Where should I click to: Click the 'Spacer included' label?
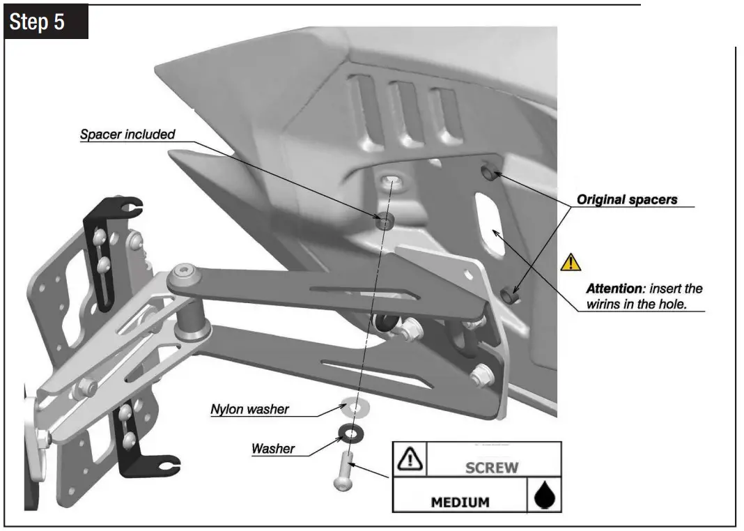(x=127, y=134)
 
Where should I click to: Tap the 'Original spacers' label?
(x=626, y=199)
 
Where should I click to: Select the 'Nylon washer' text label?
(x=249, y=409)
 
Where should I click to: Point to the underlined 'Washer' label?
(x=272, y=448)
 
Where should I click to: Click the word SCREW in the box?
(x=491, y=467)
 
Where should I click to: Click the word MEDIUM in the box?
(x=459, y=502)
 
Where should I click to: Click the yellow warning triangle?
(x=571, y=263)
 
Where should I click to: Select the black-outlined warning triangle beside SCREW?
(x=410, y=459)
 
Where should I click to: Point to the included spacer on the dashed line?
(x=382, y=223)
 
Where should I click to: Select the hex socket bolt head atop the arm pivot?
(x=183, y=272)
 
